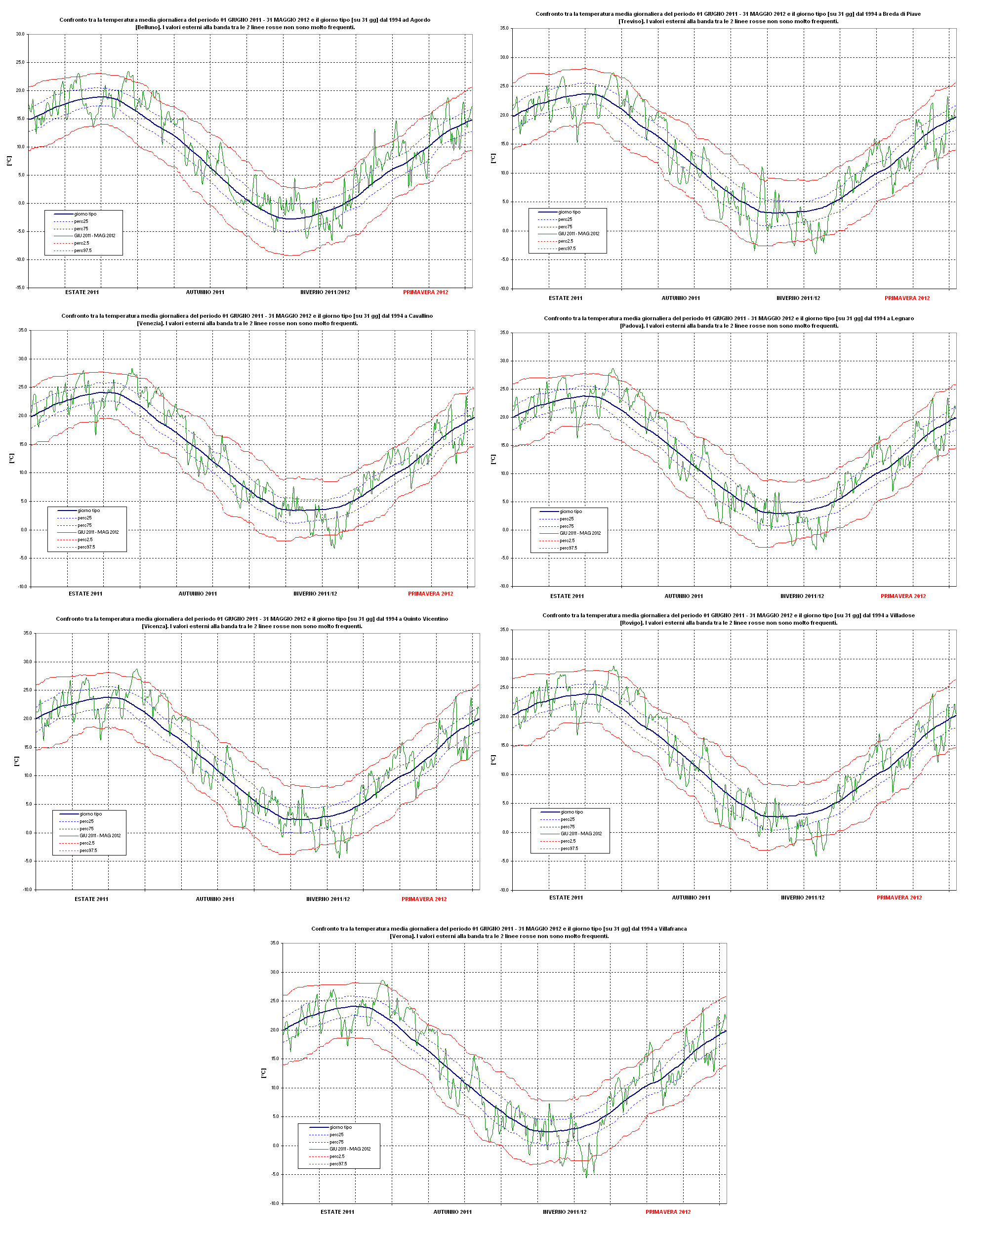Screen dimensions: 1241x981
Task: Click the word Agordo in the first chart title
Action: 420,20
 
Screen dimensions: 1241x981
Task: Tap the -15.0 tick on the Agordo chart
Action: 20,287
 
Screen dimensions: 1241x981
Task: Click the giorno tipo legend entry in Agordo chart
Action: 85,214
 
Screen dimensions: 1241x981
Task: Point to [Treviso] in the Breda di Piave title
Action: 631,22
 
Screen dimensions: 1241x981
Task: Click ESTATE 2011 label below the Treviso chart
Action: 565,298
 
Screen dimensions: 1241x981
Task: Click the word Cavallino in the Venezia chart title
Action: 420,316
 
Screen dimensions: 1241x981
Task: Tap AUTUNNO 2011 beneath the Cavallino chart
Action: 198,594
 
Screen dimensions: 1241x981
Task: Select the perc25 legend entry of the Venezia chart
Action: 84,517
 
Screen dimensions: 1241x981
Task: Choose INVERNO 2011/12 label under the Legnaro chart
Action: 802,597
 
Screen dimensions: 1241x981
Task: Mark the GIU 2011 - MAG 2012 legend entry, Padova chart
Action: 580,533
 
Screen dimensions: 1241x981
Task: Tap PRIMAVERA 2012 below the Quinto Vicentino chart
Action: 424,899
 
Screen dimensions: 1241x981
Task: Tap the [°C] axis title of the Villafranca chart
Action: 264,1072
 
